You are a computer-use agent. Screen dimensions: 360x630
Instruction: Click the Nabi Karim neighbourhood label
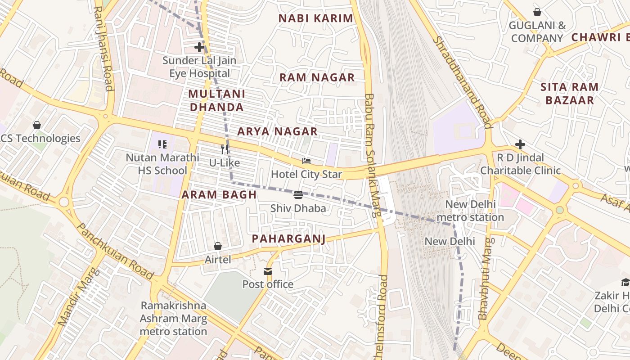pyautogui.click(x=316, y=18)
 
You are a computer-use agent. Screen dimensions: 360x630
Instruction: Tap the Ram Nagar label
pyautogui.click(x=317, y=77)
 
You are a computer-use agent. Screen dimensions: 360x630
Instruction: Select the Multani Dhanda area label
pyautogui.click(x=216, y=100)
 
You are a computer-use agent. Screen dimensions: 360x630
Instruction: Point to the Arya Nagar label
pyautogui.click(x=277, y=131)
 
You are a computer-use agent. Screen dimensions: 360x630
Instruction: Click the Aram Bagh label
pyautogui.click(x=219, y=195)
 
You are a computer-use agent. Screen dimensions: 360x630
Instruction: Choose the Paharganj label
pyautogui.click(x=288, y=238)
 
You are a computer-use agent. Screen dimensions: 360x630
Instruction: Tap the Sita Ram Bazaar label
pyautogui.click(x=569, y=94)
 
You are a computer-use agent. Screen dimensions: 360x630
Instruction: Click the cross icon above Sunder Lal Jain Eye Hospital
pyautogui.click(x=199, y=47)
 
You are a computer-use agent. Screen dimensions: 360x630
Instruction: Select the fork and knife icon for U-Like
pyautogui.click(x=225, y=149)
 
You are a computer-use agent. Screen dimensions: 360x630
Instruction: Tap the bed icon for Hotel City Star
pyautogui.click(x=306, y=161)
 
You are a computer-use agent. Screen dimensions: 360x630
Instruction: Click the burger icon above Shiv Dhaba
pyautogui.click(x=298, y=195)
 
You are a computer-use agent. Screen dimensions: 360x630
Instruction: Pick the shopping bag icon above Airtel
pyautogui.click(x=218, y=246)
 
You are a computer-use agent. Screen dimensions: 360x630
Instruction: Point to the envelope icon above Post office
pyautogui.click(x=268, y=271)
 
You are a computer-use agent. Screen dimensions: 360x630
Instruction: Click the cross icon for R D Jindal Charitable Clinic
pyautogui.click(x=520, y=144)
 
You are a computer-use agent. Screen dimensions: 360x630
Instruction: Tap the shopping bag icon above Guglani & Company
pyautogui.click(x=537, y=12)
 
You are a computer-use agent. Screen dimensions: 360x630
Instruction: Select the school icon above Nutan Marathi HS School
pyautogui.click(x=162, y=144)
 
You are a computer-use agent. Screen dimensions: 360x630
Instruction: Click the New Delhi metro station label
pyautogui.click(x=470, y=211)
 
